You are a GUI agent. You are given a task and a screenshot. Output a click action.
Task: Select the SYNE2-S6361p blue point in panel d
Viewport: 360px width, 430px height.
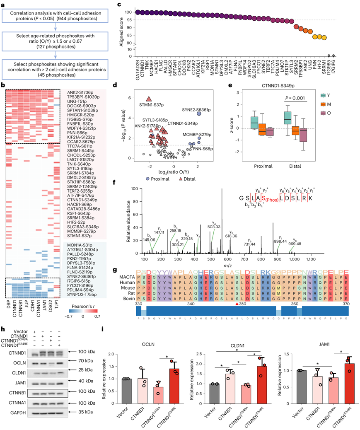click(198, 114)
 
